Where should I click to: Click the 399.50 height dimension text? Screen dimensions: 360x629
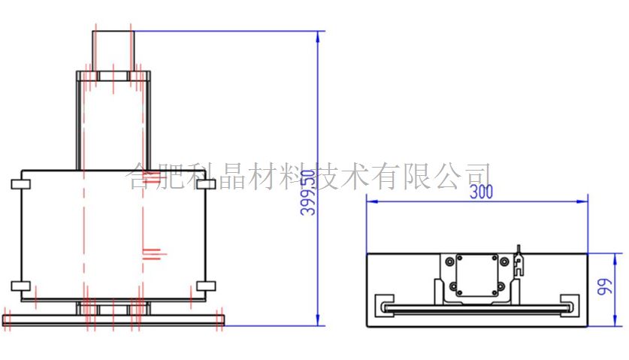click(x=307, y=193)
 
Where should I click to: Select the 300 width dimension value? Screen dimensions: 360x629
click(x=481, y=192)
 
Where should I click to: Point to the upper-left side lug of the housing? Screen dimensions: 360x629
click(x=17, y=184)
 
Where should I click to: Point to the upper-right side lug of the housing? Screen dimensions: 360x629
click(x=205, y=184)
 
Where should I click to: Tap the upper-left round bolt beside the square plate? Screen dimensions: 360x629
click(x=450, y=262)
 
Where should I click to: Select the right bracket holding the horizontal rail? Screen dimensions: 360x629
click(x=571, y=304)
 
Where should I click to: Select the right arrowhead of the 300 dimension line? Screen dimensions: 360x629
click(x=583, y=201)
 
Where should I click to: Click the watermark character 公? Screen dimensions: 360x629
click(x=445, y=177)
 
